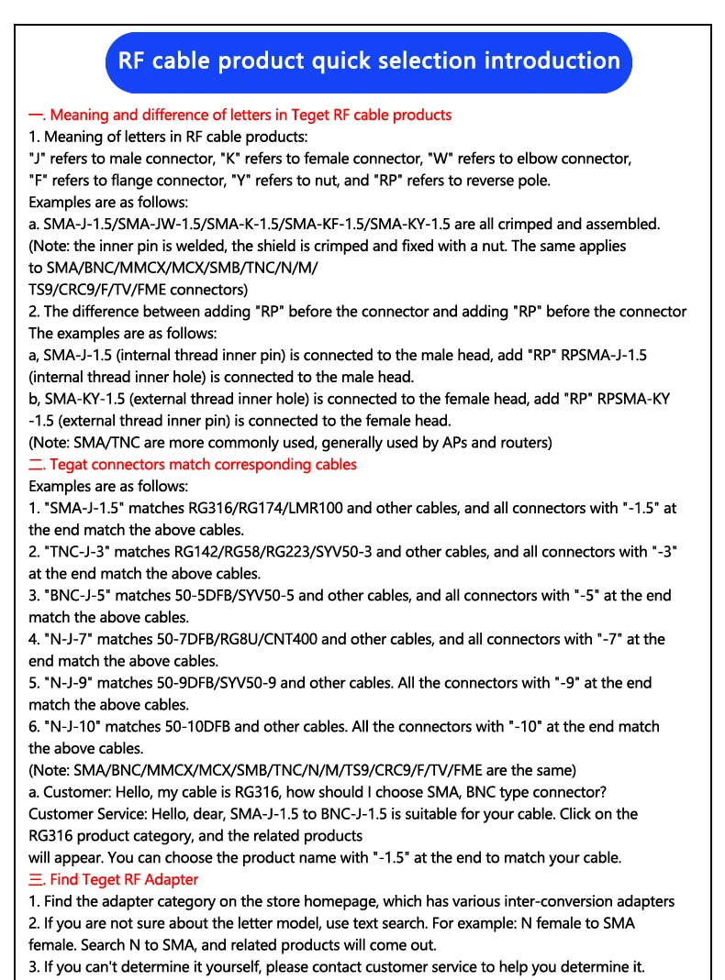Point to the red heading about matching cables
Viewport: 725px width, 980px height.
point(193,464)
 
